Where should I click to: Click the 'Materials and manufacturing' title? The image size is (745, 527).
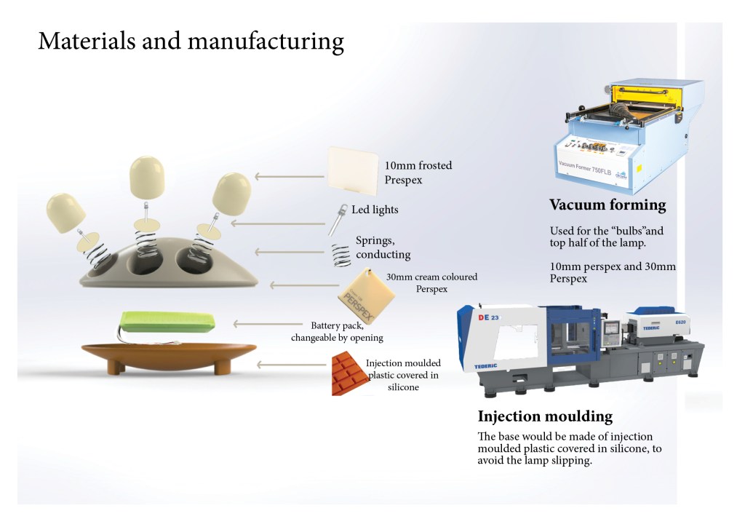point(191,41)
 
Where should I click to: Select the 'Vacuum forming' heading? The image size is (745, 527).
point(607,205)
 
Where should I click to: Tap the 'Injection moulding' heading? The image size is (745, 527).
point(545,417)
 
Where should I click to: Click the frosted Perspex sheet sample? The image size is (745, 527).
point(351,169)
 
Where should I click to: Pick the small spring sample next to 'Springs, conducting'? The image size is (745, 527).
point(339,256)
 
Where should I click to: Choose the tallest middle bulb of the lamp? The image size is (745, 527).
point(146,177)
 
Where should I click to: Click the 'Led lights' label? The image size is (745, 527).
point(375,210)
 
